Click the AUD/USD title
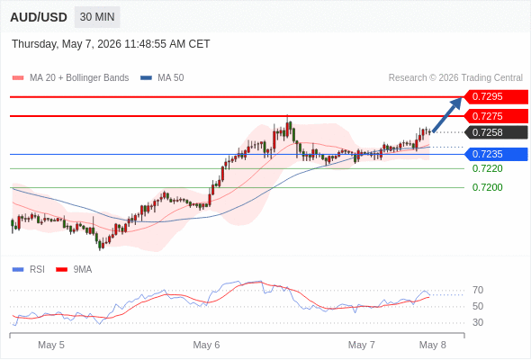click(39, 17)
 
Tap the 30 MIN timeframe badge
click(97, 17)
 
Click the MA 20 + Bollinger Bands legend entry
click(70, 78)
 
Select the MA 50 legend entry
click(162, 78)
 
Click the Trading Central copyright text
click(455, 78)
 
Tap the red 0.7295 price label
click(496, 97)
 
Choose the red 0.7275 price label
click(496, 116)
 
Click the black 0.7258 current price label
click(496, 132)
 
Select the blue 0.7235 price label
click(496, 154)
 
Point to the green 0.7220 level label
click(487, 168)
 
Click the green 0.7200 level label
click(487, 187)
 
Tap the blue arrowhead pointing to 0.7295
click(456, 103)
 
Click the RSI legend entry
click(29, 270)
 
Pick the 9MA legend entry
click(74, 270)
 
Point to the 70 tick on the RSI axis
click(478, 290)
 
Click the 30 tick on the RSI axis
click(478, 322)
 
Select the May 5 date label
click(51, 345)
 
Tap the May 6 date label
click(206, 345)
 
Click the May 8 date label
click(433, 345)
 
